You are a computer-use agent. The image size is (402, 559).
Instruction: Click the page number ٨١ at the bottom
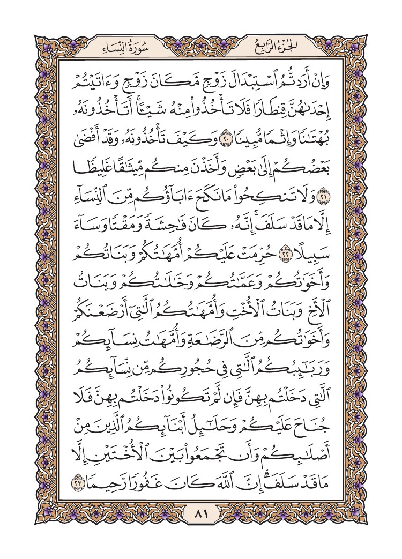click(x=200, y=515)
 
